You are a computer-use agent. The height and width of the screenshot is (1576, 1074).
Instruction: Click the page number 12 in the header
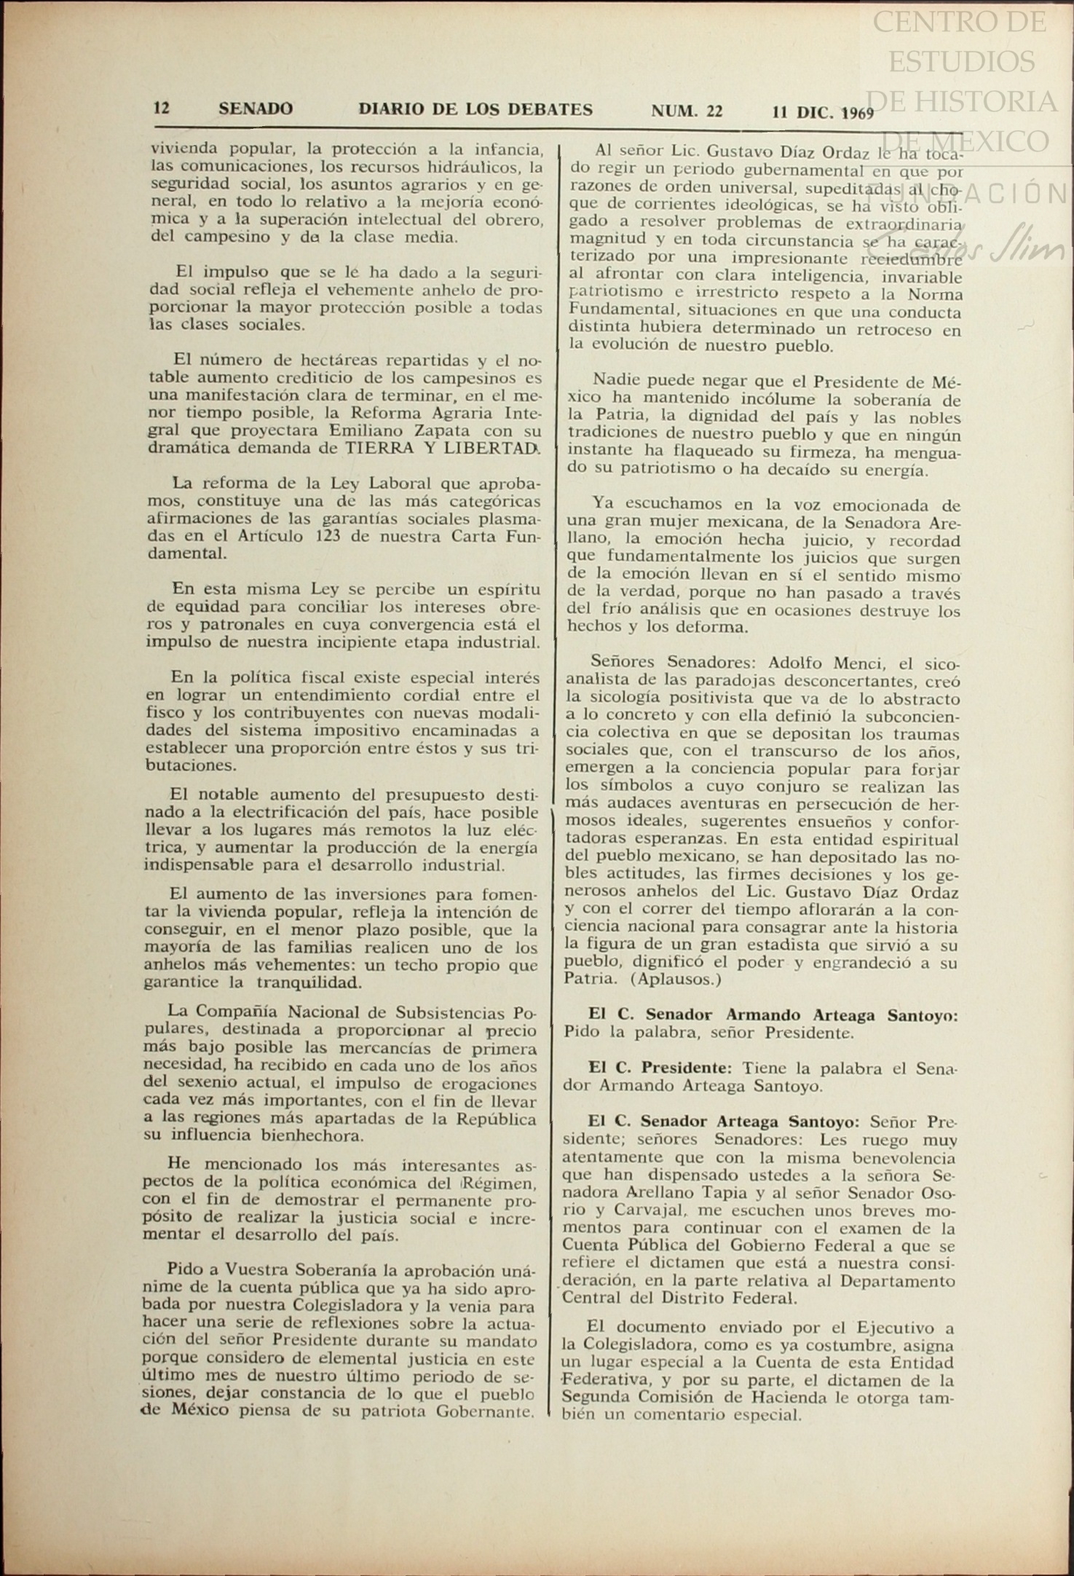tap(161, 109)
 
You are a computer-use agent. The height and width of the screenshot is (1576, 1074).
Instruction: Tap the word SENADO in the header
tap(256, 109)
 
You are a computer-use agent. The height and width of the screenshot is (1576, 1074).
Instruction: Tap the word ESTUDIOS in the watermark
tap(961, 61)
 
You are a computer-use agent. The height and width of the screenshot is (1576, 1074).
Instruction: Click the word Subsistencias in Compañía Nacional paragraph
tap(452, 1012)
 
